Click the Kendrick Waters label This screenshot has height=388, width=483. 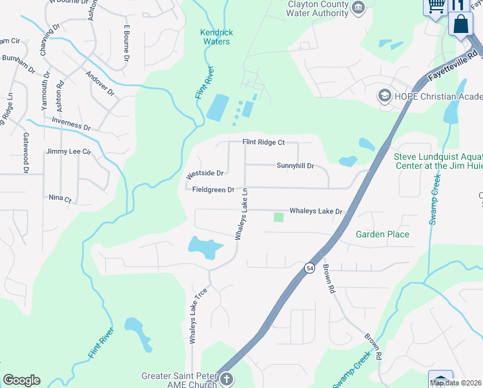pyautogui.click(x=216, y=37)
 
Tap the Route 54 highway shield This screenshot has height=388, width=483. pyautogui.click(x=310, y=267)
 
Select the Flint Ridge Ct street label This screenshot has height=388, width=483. pyautogui.click(x=263, y=142)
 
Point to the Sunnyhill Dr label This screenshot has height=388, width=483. pyautogui.click(x=295, y=166)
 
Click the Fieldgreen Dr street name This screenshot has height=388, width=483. pyautogui.click(x=213, y=189)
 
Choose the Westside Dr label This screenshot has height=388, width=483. pyautogui.click(x=205, y=174)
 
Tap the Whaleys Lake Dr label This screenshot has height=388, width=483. pyautogui.click(x=315, y=211)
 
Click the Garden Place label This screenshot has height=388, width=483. pyautogui.click(x=383, y=234)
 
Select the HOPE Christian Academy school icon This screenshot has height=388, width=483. pyautogui.click(x=385, y=96)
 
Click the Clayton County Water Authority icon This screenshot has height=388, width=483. pyautogui.click(x=360, y=8)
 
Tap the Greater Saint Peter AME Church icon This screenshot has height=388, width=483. pyautogui.click(x=225, y=378)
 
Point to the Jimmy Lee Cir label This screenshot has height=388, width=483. pyautogui.click(x=69, y=151)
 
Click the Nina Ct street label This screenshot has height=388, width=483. pyautogui.click(x=59, y=198)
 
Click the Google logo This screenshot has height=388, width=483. pyautogui.click(x=21, y=380)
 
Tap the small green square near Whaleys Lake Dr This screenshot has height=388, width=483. pyautogui.click(x=278, y=217)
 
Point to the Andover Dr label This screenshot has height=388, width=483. pyautogui.click(x=100, y=83)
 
